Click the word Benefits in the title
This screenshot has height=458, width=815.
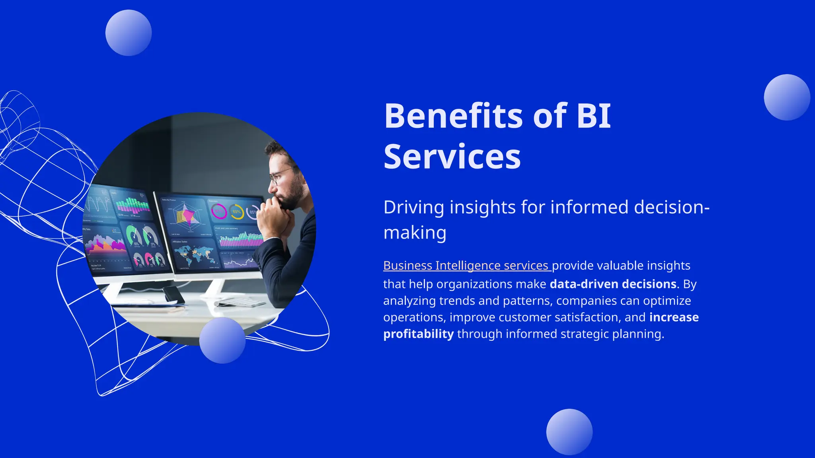pyautogui.click(x=453, y=116)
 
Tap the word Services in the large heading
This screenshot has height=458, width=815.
pyautogui.click(x=452, y=157)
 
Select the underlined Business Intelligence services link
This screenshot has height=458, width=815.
pyautogui.click(x=466, y=266)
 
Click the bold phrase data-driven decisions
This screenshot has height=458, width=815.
pyautogui.click(x=613, y=284)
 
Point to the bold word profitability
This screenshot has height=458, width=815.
pyautogui.click(x=418, y=334)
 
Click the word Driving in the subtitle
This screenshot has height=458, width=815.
pyautogui.click(x=413, y=208)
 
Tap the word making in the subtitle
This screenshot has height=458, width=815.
pyautogui.click(x=415, y=233)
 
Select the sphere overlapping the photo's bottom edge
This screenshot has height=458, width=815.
pyautogui.click(x=222, y=340)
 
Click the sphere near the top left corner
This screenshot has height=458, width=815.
pyautogui.click(x=129, y=33)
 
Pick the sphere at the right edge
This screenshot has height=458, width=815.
pyautogui.click(x=787, y=97)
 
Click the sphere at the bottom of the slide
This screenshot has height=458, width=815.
pyautogui.click(x=569, y=432)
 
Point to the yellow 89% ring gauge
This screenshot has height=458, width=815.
pyautogui.click(x=236, y=212)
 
